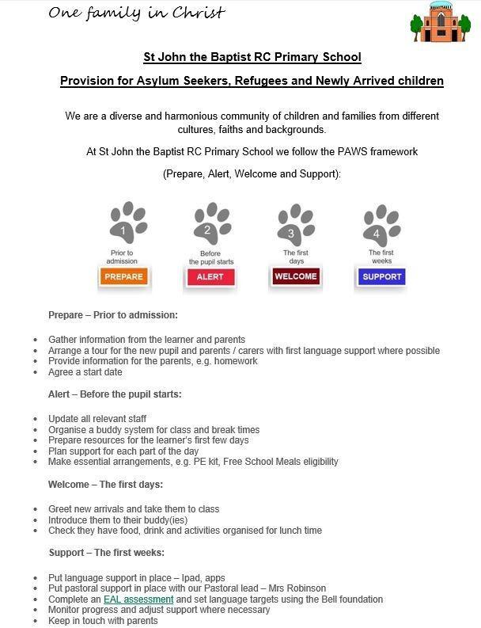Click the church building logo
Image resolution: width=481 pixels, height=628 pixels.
pos(441,22)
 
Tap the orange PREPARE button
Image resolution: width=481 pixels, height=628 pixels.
pos(124,276)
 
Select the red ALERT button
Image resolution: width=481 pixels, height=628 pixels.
pos(210,276)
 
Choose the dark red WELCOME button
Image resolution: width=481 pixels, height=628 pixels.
pos(295,276)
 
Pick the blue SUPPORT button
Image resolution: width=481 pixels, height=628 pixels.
pos(382,276)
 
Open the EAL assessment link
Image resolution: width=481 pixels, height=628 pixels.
pos(138,599)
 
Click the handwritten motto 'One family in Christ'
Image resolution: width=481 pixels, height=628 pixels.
pos(137,13)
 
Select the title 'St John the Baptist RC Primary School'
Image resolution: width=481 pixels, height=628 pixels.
pos(252,57)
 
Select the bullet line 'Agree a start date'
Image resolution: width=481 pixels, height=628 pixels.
pos(85,372)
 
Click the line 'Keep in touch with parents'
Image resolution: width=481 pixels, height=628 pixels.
pos(103,621)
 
